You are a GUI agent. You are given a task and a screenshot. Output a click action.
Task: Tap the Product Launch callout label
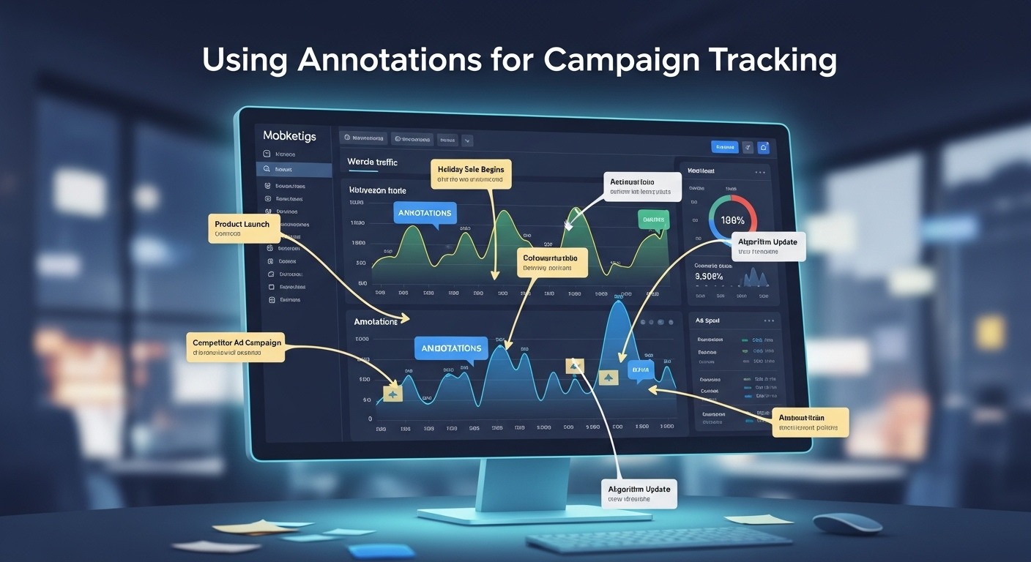point(243,228)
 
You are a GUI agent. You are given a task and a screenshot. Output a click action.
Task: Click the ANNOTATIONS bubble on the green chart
point(424,213)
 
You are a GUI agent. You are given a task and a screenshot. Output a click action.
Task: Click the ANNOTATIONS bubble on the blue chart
point(451,348)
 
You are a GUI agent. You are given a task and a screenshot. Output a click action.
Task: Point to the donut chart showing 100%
point(732,219)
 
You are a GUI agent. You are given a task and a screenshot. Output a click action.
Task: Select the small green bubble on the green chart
point(653,219)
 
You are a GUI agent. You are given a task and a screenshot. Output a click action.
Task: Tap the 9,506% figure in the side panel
point(709,277)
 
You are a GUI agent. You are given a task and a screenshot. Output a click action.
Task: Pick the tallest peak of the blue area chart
point(619,301)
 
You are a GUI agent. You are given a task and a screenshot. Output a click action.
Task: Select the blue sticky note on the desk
point(371,551)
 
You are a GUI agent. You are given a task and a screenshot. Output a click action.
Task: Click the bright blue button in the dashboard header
point(724,147)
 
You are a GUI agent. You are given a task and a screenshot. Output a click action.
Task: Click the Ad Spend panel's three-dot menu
point(768,321)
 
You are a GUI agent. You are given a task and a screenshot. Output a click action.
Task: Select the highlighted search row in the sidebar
point(294,169)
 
